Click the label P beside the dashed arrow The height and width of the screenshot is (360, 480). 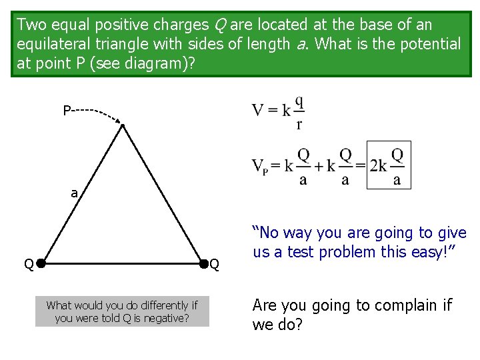pos(67,110)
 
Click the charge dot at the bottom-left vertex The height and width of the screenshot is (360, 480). pos(40,264)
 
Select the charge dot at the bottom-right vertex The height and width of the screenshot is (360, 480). pos(203,264)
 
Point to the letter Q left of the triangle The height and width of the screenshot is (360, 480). pos(29,265)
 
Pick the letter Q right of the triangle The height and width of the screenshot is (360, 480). pos(215,265)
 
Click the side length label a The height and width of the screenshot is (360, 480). pos(75,194)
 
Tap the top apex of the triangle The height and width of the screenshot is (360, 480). pos(123,125)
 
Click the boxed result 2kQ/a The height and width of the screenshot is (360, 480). pos(389,165)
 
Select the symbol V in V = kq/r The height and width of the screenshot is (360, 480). pos(258,111)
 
